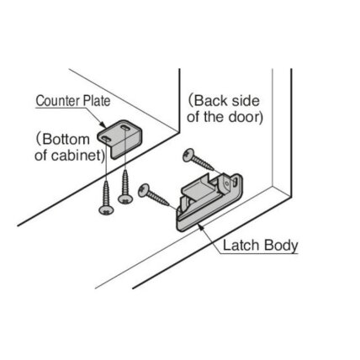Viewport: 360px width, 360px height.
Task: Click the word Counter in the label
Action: click(56, 101)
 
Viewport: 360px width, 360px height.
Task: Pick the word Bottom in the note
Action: click(66, 140)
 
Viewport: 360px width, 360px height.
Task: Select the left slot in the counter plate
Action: click(106, 139)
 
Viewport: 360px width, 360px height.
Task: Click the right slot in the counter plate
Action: click(124, 128)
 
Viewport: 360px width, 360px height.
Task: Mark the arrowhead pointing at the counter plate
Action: click(103, 124)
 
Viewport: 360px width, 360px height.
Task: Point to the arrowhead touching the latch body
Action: click(200, 226)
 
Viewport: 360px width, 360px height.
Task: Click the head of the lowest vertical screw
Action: click(107, 210)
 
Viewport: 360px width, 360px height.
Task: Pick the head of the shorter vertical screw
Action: click(125, 199)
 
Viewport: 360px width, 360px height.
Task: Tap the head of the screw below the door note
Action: click(188, 156)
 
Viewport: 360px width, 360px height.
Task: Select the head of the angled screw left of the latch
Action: click(144, 191)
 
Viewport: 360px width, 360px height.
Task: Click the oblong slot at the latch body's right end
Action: click(235, 183)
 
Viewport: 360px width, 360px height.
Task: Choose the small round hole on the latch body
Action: click(227, 184)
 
